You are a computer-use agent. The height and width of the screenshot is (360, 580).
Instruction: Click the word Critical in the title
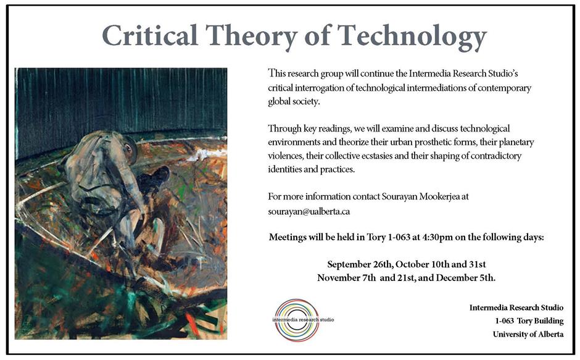tap(150, 35)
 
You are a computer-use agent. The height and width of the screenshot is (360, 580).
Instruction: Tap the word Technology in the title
tap(412, 37)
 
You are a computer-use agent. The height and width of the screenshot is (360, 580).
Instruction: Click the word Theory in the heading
tap(252, 37)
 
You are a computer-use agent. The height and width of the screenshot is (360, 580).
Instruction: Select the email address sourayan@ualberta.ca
tap(309, 211)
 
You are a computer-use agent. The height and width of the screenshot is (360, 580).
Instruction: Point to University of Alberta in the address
tap(528, 335)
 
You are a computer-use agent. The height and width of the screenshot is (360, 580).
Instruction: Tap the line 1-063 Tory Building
tap(529, 321)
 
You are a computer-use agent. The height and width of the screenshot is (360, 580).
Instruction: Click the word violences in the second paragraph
tap(285, 156)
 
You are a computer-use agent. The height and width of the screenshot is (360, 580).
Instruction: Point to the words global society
tap(294, 102)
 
